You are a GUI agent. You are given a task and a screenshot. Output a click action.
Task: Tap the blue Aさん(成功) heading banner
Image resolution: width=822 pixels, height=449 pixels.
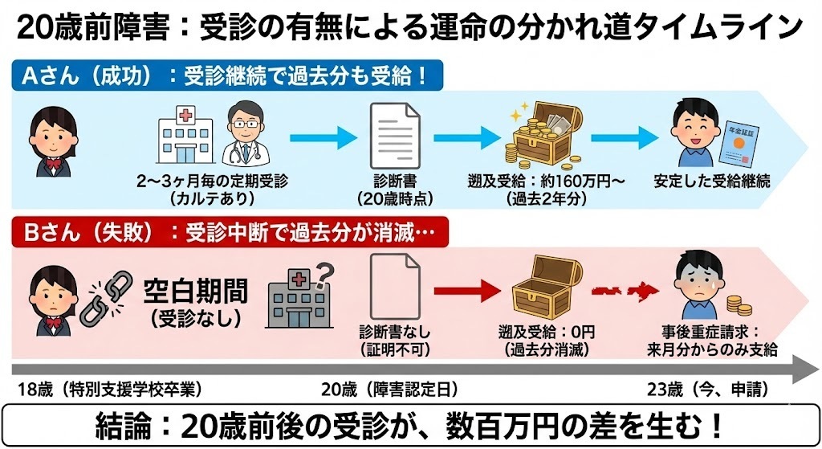pyautogui.click(x=230, y=76)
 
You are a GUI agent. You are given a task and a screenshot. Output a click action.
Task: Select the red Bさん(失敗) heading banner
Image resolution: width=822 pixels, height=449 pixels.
pyautogui.click(x=230, y=232)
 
